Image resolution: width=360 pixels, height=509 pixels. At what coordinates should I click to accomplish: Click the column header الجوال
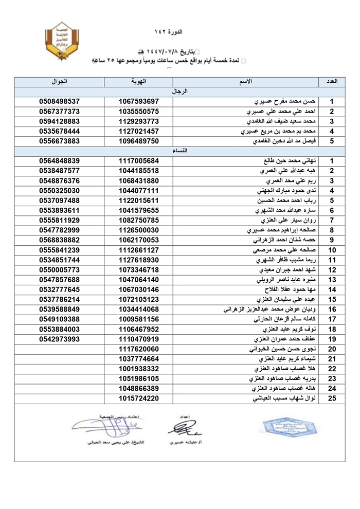point(59,81)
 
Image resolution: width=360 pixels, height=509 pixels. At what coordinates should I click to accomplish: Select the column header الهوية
point(138,81)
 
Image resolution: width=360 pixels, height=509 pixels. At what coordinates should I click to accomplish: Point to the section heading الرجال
point(179,91)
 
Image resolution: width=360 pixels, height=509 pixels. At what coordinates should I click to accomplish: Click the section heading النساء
point(179,150)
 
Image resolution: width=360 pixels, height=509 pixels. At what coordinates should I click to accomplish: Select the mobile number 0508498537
point(59,101)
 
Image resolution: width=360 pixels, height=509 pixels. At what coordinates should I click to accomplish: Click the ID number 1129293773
point(138,121)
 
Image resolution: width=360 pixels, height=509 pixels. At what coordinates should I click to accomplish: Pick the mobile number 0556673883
point(59,140)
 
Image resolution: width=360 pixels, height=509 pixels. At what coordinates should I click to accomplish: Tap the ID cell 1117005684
point(138,160)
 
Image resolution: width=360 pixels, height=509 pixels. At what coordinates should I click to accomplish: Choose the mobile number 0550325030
point(59,190)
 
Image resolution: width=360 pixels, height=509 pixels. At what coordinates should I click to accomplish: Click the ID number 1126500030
point(138,230)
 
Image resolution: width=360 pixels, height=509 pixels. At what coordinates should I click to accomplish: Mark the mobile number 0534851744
point(59,260)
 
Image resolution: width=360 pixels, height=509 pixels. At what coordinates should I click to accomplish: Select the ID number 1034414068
point(138,309)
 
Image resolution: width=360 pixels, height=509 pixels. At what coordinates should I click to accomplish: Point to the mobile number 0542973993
point(59,339)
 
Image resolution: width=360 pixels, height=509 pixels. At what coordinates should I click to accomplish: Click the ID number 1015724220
point(138,398)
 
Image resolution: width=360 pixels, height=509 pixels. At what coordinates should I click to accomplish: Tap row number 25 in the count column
point(332,398)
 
